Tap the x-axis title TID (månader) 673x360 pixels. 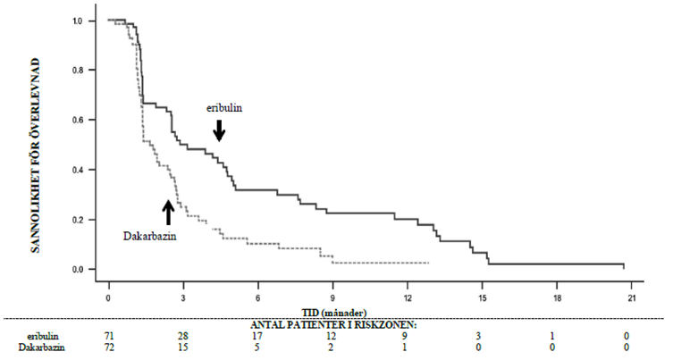(x=335, y=309)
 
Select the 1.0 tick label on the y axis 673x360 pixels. (x=80, y=20)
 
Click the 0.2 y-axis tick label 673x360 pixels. (x=80, y=220)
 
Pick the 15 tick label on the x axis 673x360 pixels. (x=483, y=296)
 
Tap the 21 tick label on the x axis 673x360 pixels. (x=632, y=296)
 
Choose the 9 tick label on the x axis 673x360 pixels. (x=332, y=296)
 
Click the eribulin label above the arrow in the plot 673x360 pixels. (x=225, y=107)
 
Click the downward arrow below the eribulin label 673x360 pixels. (x=219, y=130)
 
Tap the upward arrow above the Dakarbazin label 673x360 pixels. (x=168, y=212)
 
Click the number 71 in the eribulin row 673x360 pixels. (x=109, y=334)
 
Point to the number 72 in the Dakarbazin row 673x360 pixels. (x=109, y=346)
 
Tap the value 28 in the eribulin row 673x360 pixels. (x=183, y=334)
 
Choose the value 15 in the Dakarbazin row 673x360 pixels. (x=183, y=346)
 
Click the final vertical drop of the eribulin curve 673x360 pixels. (x=623, y=266)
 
